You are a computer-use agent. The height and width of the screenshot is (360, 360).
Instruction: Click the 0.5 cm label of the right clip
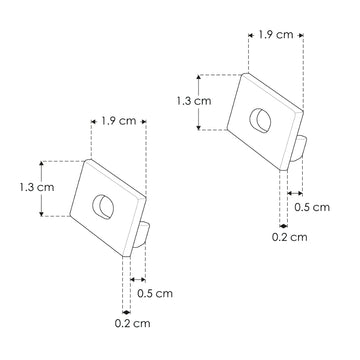click(x=314, y=207)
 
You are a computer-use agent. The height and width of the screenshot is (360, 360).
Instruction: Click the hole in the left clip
click(x=103, y=207)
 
